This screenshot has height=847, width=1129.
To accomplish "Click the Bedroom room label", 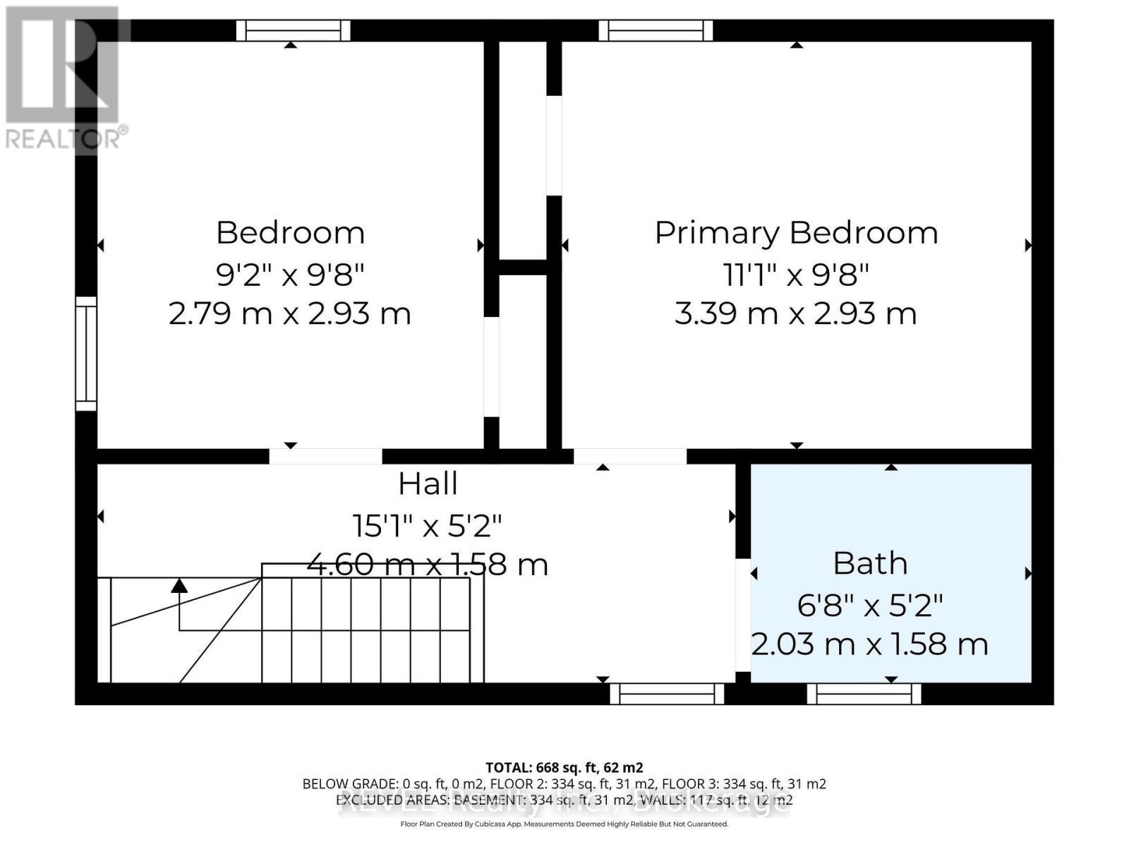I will click(290, 233).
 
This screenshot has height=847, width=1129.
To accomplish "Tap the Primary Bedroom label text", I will click(796, 233).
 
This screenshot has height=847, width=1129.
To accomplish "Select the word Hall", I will click(428, 484).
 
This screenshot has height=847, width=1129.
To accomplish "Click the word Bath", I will click(870, 563).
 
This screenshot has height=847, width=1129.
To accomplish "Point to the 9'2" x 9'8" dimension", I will click(290, 274).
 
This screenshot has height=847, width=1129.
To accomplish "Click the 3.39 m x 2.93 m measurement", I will click(796, 313).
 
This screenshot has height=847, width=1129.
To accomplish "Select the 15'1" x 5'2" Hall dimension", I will click(428, 524).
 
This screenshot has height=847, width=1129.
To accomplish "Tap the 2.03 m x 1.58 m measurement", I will click(870, 644).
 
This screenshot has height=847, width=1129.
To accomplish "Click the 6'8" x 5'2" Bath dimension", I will click(870, 604).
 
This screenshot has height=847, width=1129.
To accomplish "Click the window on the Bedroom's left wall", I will click(86, 353).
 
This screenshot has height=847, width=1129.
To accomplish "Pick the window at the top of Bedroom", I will click(293, 30).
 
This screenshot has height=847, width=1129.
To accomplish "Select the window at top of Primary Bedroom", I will click(656, 30).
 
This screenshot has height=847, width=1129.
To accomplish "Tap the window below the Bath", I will click(864, 694).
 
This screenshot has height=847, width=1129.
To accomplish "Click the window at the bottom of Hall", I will click(667, 694).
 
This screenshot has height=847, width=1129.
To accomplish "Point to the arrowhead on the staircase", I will click(179, 585).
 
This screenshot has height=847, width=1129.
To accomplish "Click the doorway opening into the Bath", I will click(742, 615).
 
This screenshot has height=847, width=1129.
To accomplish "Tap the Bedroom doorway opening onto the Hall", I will click(325, 456).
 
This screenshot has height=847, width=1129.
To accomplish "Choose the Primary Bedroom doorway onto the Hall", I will click(629, 456).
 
